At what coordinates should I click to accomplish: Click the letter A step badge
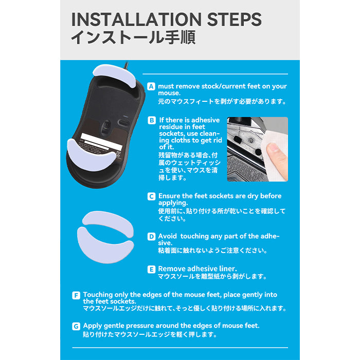point(151,86)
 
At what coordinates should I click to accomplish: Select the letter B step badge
point(152,120)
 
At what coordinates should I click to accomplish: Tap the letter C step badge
point(151,196)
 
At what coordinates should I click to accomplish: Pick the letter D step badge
point(151,237)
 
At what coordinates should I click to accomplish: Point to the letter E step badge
point(151,269)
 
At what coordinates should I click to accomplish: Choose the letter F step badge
point(76,295)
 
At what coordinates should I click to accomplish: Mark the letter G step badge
point(76,326)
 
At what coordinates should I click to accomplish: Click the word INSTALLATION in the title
point(136,20)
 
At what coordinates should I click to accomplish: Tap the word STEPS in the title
point(234,20)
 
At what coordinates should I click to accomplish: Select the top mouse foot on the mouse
point(114,75)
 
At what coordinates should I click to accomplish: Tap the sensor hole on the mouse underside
point(106,126)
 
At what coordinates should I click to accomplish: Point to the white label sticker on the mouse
point(101,141)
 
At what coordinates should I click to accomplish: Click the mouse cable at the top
point(126,66)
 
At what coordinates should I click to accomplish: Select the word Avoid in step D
point(167,236)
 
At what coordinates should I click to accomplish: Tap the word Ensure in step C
point(169,196)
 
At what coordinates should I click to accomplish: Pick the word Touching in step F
point(98,295)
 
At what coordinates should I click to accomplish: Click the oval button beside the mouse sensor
point(123,122)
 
